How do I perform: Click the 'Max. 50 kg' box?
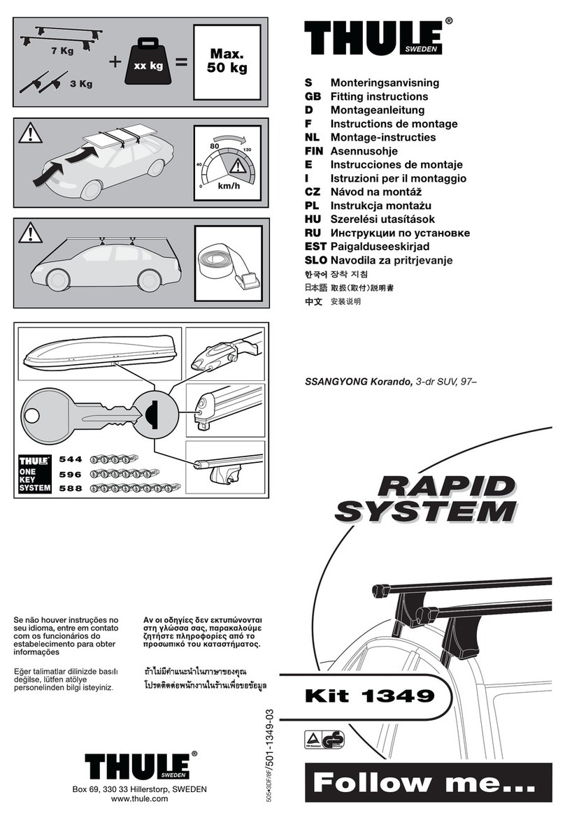(x=229, y=62)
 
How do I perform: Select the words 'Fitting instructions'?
(x=379, y=96)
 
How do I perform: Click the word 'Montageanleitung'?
(x=377, y=110)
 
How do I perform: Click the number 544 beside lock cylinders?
(x=71, y=459)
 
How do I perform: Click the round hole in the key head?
(x=32, y=418)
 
